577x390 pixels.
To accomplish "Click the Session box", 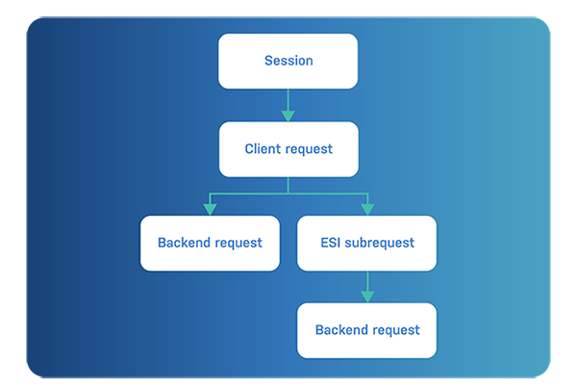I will (x=288, y=61).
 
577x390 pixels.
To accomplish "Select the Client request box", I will (x=288, y=149).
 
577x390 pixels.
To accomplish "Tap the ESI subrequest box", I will (x=366, y=243).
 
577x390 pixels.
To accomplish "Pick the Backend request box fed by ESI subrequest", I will (x=366, y=330).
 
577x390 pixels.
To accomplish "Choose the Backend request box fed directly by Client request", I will (x=210, y=243).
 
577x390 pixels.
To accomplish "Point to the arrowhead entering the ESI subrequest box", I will (x=366, y=209).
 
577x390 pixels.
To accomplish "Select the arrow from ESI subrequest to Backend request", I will (x=366, y=285).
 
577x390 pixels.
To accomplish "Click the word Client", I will (x=263, y=149).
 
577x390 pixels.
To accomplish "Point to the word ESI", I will (x=331, y=243).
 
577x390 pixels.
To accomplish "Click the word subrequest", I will (x=380, y=243).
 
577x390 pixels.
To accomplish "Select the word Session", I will (x=288, y=61).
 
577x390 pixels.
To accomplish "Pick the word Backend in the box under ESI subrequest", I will (x=340, y=330).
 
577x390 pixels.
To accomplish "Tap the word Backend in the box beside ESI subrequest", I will (x=184, y=243).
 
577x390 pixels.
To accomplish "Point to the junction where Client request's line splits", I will (x=288, y=194).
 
